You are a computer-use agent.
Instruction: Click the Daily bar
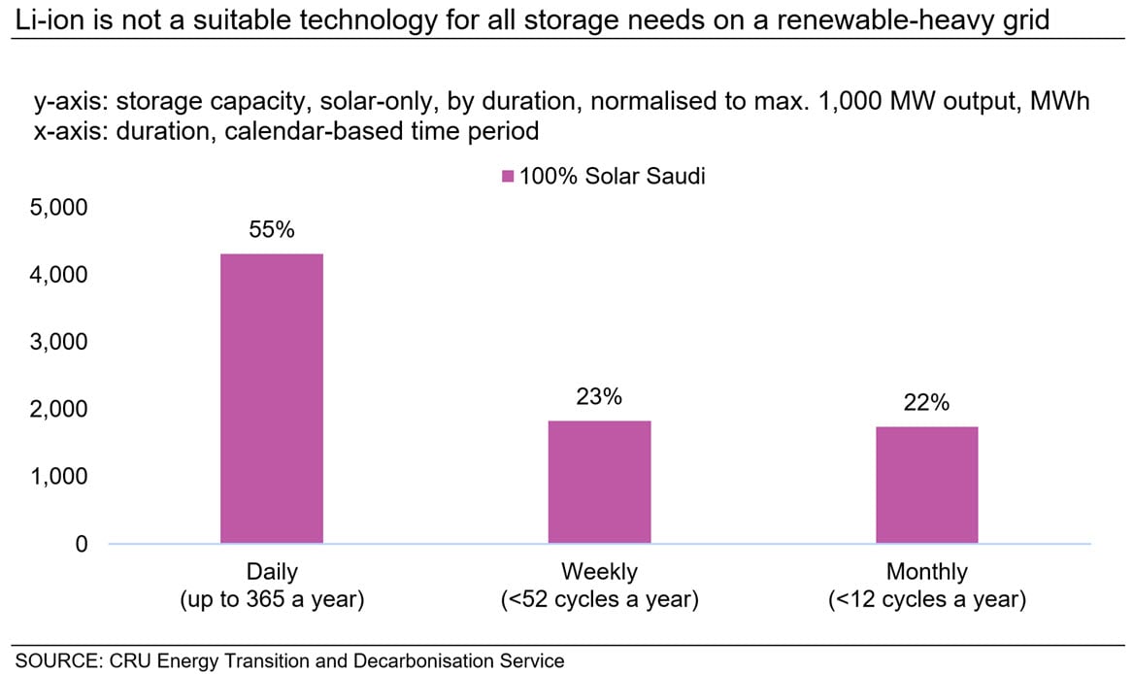tap(271, 398)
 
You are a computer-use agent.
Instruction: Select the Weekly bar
tap(599, 482)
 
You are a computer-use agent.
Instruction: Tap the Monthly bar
tap(926, 485)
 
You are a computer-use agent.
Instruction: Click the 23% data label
tap(599, 397)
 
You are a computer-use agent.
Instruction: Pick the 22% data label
tap(926, 403)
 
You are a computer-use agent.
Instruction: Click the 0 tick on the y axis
tap(82, 544)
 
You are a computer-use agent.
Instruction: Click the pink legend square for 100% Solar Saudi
tap(507, 177)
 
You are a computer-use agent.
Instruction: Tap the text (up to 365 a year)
tap(272, 600)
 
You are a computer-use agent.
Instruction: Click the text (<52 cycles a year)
tap(599, 600)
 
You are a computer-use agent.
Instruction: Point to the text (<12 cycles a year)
tap(927, 600)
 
